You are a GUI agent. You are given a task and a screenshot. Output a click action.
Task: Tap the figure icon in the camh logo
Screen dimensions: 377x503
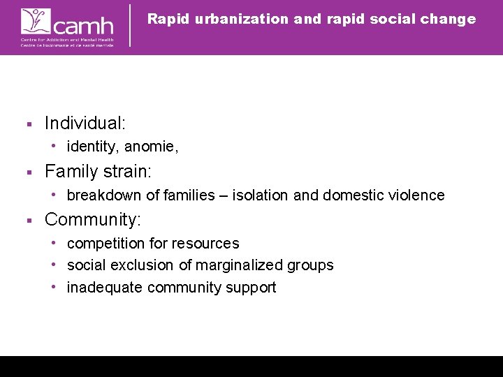(x=34, y=21)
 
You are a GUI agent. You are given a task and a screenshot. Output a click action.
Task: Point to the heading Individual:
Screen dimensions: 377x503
(x=85, y=124)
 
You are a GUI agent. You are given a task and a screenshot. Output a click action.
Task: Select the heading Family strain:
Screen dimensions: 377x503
(x=99, y=172)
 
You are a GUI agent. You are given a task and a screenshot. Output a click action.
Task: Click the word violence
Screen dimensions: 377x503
(x=417, y=195)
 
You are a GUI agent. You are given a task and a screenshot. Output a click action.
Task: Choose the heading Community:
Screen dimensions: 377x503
(x=93, y=220)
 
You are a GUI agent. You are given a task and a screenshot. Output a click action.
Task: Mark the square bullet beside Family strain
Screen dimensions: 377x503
(x=29, y=172)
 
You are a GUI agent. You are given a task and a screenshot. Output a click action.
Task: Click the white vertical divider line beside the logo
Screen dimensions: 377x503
(x=131, y=25)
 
